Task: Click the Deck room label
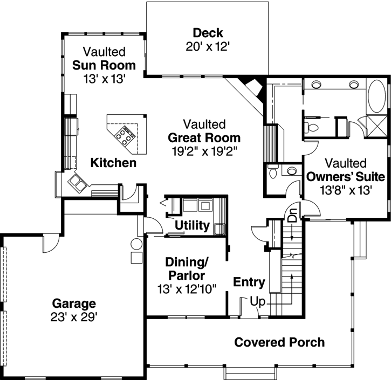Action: (208, 33)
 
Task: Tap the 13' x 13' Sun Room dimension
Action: (104, 79)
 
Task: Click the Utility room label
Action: (191, 225)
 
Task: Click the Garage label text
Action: (74, 303)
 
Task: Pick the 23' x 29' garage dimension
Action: (74, 316)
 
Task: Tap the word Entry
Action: (249, 282)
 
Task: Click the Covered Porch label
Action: (279, 342)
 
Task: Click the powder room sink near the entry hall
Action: (291, 171)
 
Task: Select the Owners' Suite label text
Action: (345, 176)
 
